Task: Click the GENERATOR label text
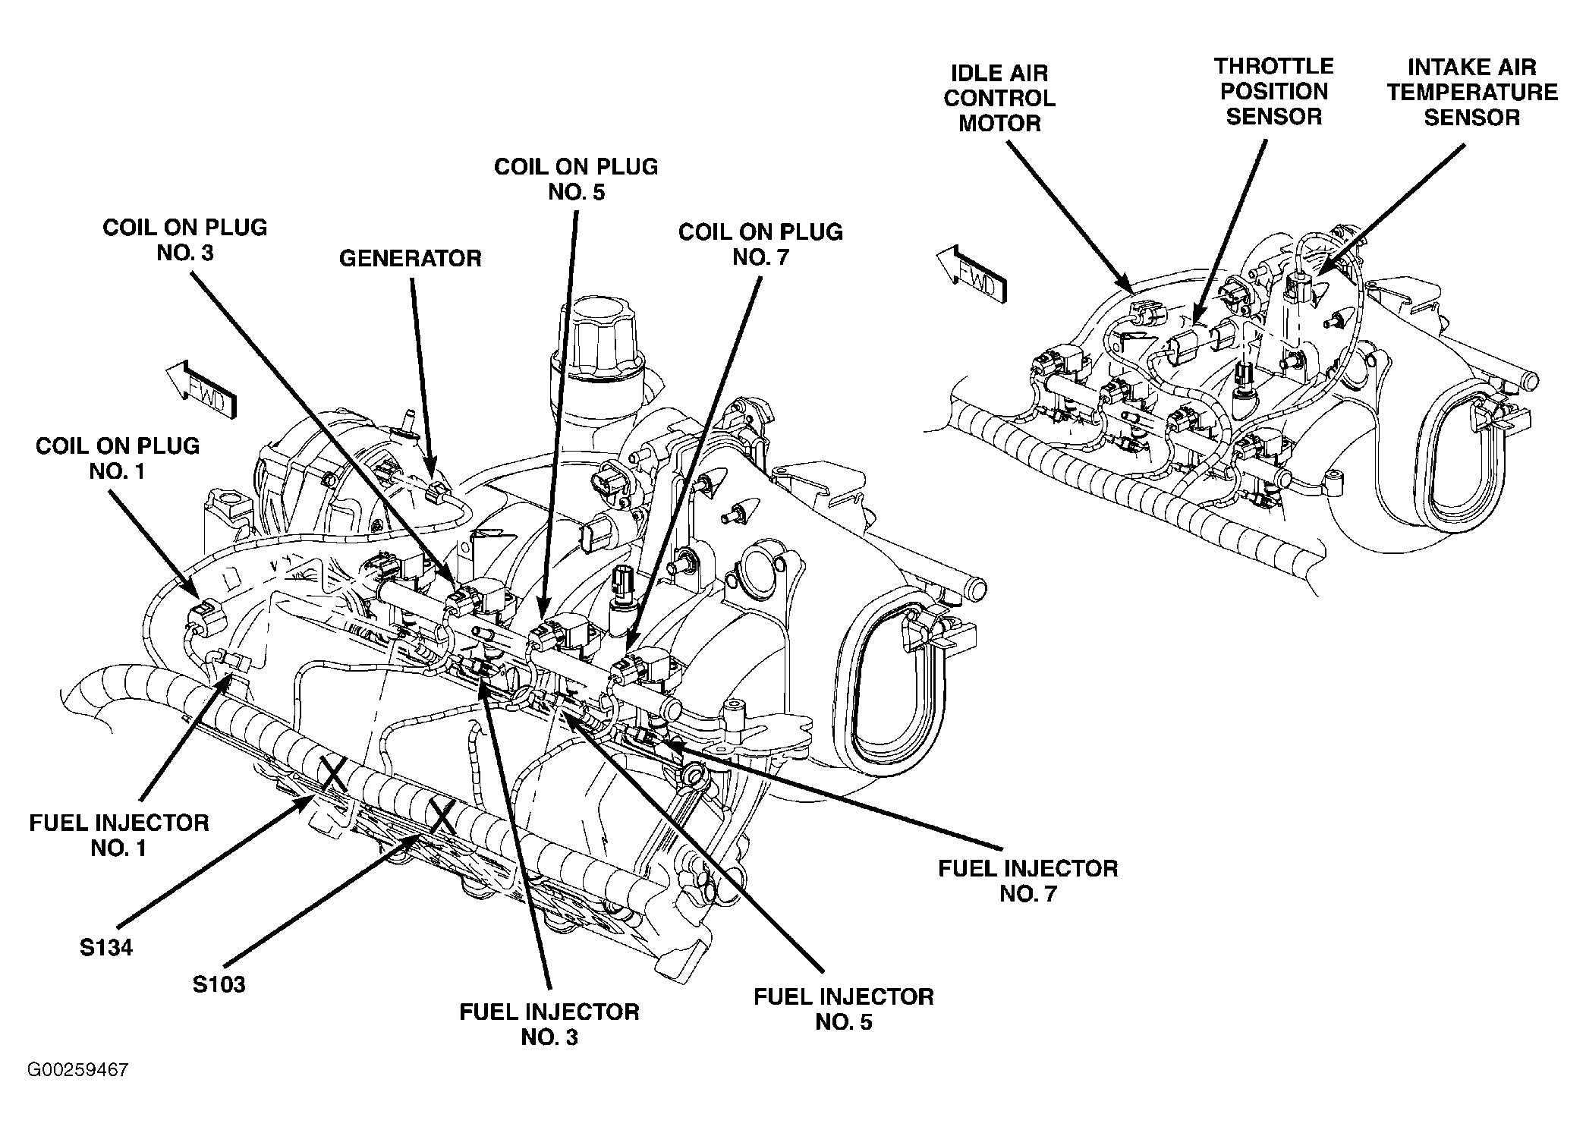(410, 259)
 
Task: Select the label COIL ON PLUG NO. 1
(118, 458)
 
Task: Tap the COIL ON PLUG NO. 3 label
(184, 240)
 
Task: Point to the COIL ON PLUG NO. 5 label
(576, 179)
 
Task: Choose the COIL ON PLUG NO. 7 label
(760, 244)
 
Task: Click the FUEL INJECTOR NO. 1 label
(119, 836)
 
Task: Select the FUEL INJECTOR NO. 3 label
(549, 1024)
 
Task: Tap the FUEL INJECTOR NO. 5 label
(844, 1009)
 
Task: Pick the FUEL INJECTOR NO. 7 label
(1028, 880)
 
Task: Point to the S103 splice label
(219, 984)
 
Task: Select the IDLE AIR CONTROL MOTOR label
(999, 99)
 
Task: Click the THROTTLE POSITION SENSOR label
(1274, 92)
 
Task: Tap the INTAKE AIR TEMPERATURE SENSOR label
(1472, 93)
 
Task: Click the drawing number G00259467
(77, 1070)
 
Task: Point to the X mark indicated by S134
(332, 774)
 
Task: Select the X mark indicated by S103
(442, 815)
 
